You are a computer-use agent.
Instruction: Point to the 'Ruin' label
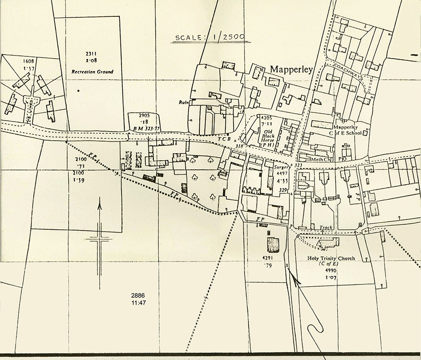[184, 102]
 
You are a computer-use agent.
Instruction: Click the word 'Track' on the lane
[326, 227]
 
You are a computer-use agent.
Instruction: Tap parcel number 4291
[267, 258]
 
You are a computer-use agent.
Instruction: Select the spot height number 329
[283, 190]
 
